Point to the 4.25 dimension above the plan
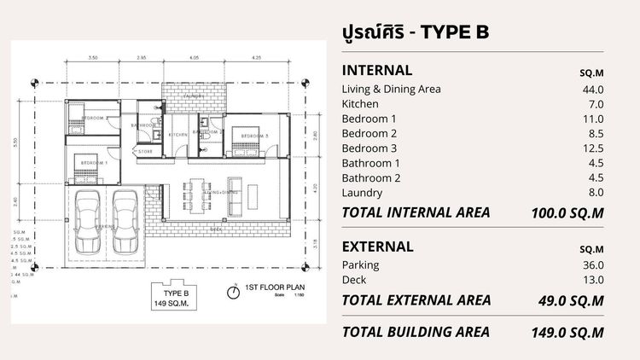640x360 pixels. (256, 59)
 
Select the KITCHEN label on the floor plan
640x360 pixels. (177, 135)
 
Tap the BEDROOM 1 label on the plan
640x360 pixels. (89, 160)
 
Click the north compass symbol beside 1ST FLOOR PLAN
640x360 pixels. (232, 292)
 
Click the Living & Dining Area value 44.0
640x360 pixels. (592, 90)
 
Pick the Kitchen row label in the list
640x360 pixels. (359, 104)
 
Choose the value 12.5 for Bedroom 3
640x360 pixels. (592, 148)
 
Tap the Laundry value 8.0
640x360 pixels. (595, 193)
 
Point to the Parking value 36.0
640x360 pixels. (592, 265)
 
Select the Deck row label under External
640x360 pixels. (354, 280)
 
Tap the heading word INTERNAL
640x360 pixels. (376, 70)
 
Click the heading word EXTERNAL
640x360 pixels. (378, 247)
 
